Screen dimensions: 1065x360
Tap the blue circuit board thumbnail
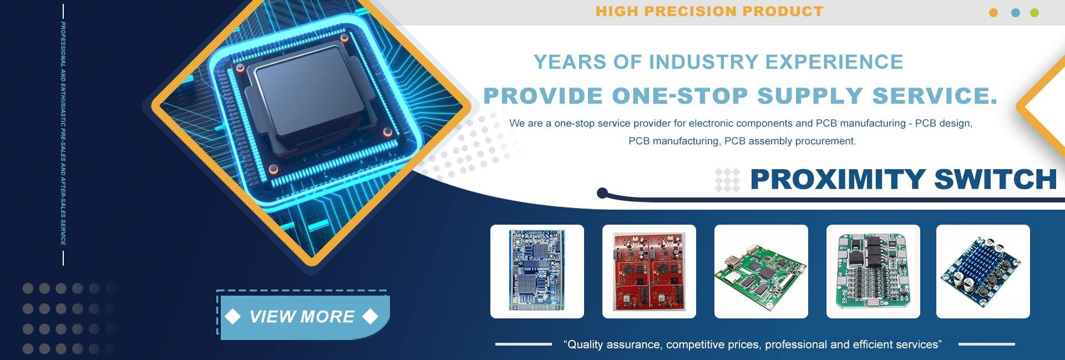tap(537, 271)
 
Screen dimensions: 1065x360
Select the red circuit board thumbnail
tap(649, 271)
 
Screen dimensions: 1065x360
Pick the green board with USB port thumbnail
tap(761, 271)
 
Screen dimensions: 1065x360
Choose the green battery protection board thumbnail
tap(873, 271)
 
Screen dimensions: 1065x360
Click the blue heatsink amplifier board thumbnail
tap(983, 271)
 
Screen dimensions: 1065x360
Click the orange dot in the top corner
tap(993, 13)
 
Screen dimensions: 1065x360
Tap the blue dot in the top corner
tap(1016, 13)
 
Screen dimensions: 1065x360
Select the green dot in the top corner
tap(1034, 13)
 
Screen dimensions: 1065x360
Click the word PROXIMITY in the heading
tap(838, 179)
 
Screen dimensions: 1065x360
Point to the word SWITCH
tap(996, 179)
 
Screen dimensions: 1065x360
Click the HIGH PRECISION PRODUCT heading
tap(709, 11)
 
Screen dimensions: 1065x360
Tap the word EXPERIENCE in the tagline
tap(834, 62)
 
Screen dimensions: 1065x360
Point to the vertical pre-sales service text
tap(63, 133)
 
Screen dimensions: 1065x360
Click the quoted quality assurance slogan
tap(753, 344)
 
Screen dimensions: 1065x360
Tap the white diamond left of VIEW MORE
tap(233, 316)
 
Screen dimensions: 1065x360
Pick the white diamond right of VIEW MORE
tap(370, 316)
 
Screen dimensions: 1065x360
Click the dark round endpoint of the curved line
tap(602, 194)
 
